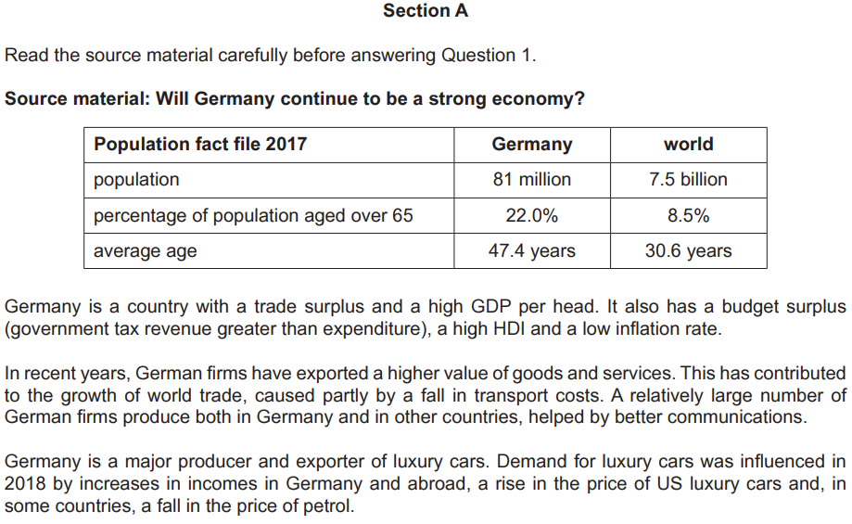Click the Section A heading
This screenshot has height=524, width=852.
[x=426, y=11]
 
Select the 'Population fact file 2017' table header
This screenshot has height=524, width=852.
[x=200, y=144]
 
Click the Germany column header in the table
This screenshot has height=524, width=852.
[x=531, y=144]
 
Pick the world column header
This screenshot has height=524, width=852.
[x=688, y=144]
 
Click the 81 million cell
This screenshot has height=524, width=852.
[x=531, y=179]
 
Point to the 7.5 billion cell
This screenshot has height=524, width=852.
[x=688, y=179]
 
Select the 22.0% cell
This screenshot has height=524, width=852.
[x=531, y=216]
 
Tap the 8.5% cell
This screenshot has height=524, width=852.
[x=688, y=216]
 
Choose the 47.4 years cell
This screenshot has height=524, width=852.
[x=531, y=250]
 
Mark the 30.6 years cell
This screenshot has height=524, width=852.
[x=688, y=250]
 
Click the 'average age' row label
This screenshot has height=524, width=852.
[x=145, y=251]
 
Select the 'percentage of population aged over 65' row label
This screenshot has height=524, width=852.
[x=253, y=216]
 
